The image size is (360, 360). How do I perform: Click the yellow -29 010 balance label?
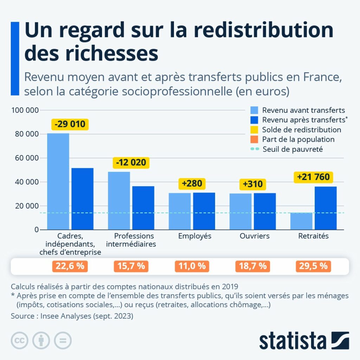70,124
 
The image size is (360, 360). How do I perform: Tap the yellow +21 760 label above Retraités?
313,177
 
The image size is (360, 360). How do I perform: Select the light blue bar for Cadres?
58,181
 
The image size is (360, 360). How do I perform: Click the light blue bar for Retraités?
301,221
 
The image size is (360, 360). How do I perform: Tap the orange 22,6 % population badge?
70,266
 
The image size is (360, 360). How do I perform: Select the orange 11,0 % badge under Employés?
192,266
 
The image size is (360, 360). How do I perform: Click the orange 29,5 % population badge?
313,266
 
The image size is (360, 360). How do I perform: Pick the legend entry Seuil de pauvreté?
292,149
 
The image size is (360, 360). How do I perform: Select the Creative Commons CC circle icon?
20,340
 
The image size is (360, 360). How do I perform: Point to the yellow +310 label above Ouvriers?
252,184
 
